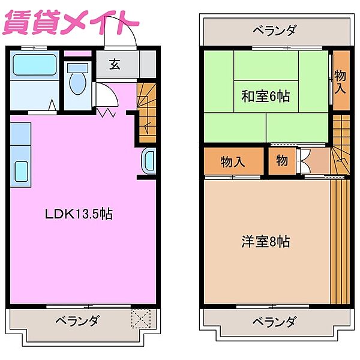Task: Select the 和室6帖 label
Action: pyautogui.click(x=266, y=96)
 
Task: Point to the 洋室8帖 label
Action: pyautogui.click(x=266, y=242)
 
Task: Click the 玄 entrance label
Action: pyautogui.click(x=115, y=65)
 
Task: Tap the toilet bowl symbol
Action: pyautogui.click(x=77, y=85)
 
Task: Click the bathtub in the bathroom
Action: pyautogui.click(x=34, y=64)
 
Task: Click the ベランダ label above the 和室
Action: pyautogui.click(x=274, y=30)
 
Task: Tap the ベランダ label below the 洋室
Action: pyautogui.click(x=274, y=322)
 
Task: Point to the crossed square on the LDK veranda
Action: pyautogui.click(x=142, y=317)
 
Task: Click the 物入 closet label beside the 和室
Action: pyautogui.click(x=340, y=81)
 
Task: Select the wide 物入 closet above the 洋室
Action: pyautogui.click(x=233, y=161)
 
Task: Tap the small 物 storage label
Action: pyautogui.click(x=283, y=161)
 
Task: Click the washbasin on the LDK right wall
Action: pyautogui.click(x=148, y=161)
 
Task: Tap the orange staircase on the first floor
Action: pyautogui.click(x=146, y=111)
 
